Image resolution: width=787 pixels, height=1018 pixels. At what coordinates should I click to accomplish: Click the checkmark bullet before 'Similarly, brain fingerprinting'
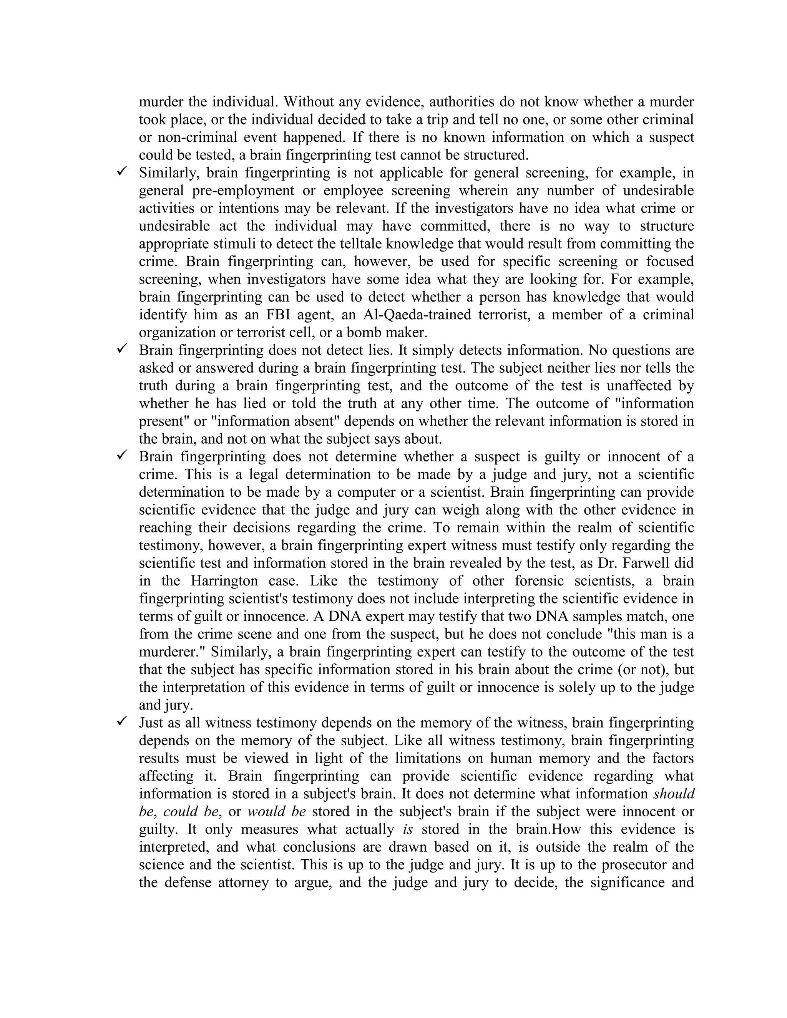tap(122, 172)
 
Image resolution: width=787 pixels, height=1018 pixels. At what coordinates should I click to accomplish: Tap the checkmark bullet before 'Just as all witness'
tap(122, 721)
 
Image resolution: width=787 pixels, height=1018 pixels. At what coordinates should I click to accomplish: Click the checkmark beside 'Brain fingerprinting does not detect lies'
tap(122, 349)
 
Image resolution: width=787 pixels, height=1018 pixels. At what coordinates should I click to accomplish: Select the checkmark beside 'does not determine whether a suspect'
tap(122, 455)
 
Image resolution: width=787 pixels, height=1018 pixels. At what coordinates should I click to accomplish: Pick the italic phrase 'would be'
tap(276, 811)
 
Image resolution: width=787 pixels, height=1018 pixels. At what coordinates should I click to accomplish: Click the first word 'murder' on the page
tap(159, 102)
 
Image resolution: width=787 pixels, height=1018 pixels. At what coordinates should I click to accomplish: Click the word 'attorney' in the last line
tap(243, 882)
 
